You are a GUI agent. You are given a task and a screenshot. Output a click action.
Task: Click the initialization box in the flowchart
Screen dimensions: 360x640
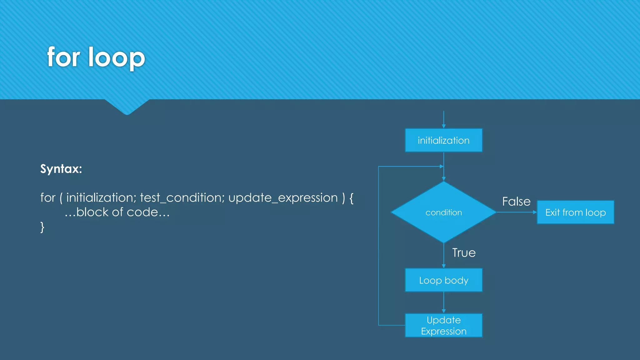(443, 140)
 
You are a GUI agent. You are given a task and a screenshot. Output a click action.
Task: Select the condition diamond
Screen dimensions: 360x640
(443, 212)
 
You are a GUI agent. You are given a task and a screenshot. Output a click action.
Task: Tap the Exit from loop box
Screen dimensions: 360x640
(575, 212)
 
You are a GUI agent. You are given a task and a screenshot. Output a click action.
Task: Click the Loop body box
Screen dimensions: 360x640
(443, 280)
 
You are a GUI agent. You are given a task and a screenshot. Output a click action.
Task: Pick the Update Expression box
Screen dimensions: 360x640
(443, 325)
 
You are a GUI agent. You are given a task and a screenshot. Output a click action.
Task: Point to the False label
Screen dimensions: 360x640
(516, 202)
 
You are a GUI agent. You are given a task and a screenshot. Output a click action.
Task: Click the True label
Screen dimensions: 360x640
(464, 252)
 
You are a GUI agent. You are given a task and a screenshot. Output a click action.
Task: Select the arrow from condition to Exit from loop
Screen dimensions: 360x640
(517, 212)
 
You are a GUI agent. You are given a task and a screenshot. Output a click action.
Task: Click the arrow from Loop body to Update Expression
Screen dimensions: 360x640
(443, 302)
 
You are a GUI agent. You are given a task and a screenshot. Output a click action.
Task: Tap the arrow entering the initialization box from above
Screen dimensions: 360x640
(443, 119)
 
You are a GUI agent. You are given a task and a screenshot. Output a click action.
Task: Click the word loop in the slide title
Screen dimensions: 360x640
(117, 57)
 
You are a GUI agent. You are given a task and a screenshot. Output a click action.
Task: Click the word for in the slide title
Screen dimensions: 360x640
(64, 57)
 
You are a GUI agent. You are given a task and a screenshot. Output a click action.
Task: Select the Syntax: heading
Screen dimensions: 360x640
(61, 169)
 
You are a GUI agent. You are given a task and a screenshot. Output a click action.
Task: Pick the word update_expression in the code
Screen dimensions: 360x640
(283, 198)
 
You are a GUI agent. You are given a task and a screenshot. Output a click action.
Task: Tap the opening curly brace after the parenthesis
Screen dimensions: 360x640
(351, 198)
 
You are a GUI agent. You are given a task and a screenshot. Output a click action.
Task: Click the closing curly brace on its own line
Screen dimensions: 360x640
(42, 227)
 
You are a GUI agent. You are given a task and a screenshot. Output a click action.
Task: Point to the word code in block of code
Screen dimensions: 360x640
(142, 212)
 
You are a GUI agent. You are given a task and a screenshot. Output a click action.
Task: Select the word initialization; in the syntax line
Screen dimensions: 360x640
(101, 198)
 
